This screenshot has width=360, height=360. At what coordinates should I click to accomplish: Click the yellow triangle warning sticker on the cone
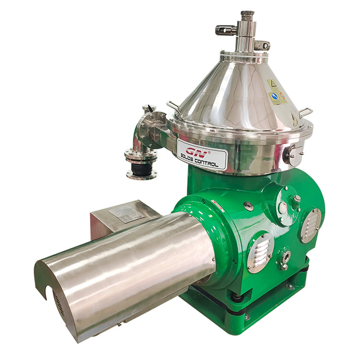(x=273, y=85)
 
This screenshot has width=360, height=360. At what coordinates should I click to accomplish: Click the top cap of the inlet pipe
(x=247, y=13)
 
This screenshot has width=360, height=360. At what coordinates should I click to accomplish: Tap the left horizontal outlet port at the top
(x=224, y=29)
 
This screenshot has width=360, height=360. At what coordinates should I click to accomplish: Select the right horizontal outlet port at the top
(x=262, y=44)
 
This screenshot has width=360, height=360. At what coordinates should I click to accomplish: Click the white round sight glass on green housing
(x=283, y=208)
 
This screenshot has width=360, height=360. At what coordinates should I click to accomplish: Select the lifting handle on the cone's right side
(x=304, y=112)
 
